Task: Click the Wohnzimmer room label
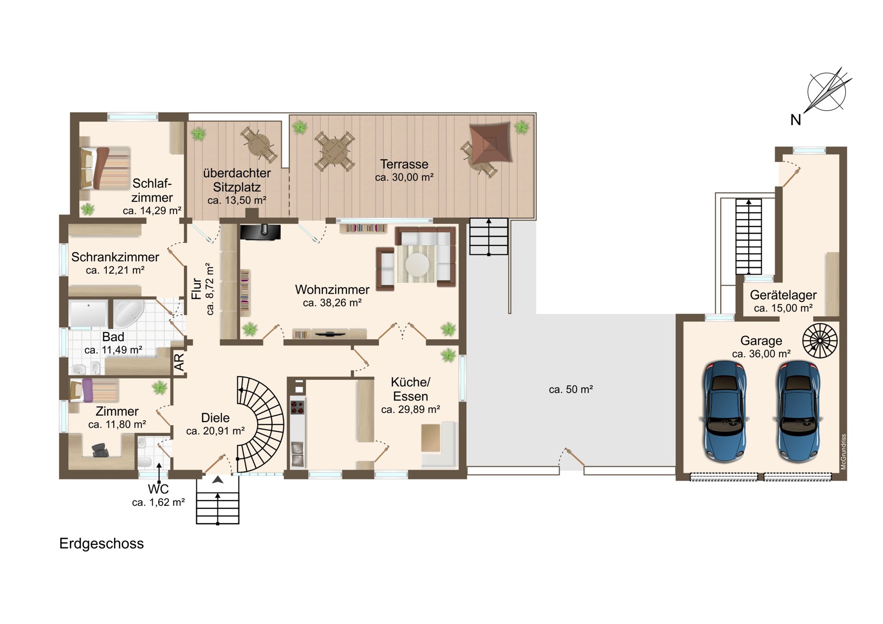coord(332,290)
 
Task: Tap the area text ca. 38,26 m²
coord(332,303)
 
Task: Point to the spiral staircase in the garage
coord(820,341)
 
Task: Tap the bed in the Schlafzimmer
coord(105,168)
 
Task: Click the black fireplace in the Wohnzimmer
coord(260,232)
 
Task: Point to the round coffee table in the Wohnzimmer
coord(418,264)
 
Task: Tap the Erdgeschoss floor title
coord(102,544)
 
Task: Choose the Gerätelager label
coord(783,295)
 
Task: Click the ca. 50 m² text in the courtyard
coord(571,389)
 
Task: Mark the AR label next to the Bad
coord(179,362)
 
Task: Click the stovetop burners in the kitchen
coord(298,407)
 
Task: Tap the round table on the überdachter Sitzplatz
coord(259,145)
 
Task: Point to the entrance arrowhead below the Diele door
coord(218,480)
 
